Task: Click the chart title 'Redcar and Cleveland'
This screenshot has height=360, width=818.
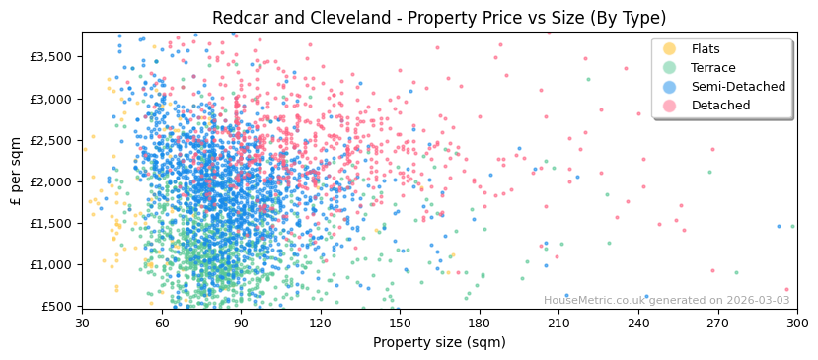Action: [439, 18]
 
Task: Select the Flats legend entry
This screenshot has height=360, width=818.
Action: [706, 49]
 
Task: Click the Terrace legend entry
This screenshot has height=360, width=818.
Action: [712, 68]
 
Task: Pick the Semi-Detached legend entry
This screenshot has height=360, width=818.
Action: [738, 87]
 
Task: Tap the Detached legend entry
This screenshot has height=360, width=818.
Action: [720, 106]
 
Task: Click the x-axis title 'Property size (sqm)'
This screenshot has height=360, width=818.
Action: [439, 343]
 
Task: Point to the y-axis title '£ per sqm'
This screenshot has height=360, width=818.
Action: [16, 170]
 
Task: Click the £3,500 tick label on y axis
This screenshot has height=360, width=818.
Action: [52, 57]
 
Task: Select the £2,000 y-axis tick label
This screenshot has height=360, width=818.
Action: [52, 181]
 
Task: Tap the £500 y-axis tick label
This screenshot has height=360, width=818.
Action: [57, 307]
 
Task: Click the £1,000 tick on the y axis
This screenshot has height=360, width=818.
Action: [52, 265]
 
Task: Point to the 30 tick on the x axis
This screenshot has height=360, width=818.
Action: [82, 323]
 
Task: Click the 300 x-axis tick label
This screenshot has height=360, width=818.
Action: [796, 323]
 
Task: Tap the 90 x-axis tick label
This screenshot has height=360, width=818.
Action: [241, 323]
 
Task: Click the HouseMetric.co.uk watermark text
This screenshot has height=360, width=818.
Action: [666, 301]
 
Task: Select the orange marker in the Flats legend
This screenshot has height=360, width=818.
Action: [670, 49]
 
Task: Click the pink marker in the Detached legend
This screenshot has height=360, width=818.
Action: [670, 106]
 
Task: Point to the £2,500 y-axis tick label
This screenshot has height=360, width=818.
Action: [52, 140]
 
